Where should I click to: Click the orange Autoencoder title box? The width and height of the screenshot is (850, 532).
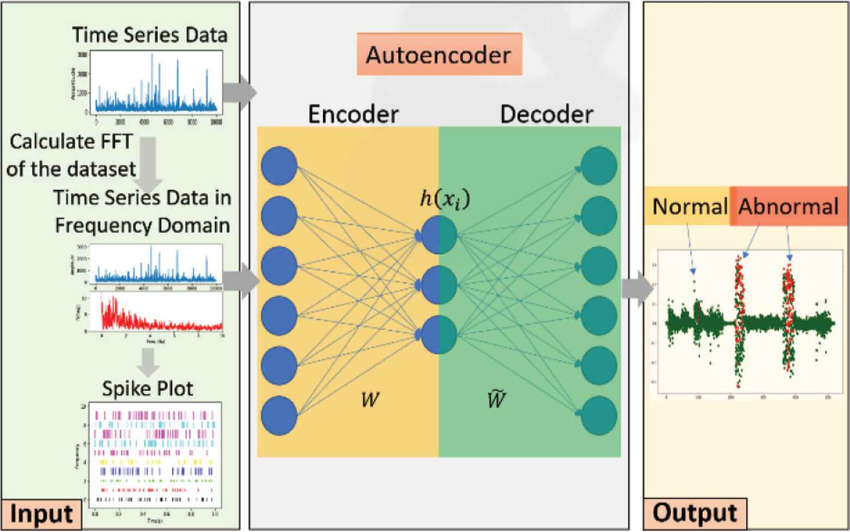point(439,55)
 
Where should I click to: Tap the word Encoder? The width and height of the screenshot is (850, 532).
point(353,114)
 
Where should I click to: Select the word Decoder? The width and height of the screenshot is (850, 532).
point(547,114)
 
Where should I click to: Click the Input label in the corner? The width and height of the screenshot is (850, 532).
point(41,514)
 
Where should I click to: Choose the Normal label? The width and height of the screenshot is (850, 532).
point(689,207)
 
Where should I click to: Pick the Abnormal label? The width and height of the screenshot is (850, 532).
point(788,207)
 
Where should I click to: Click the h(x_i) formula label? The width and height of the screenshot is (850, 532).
point(445,199)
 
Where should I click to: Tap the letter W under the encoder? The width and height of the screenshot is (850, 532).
point(371,401)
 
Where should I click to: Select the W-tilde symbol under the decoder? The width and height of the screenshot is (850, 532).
point(495,400)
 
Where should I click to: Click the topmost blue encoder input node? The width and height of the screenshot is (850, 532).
point(279,166)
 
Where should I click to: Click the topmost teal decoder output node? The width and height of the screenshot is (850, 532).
point(599,166)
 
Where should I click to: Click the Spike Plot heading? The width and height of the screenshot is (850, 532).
point(148,389)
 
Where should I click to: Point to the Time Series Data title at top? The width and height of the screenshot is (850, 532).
point(150,35)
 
